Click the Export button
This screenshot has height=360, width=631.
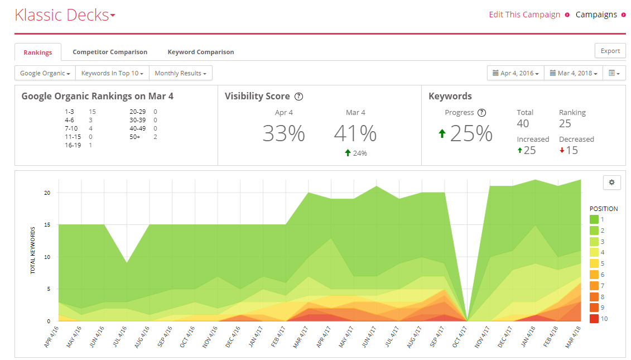tap(610, 51)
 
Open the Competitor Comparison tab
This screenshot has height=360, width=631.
tap(110, 52)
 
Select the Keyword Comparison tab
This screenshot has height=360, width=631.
tap(201, 52)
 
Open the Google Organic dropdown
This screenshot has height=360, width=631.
tap(45, 73)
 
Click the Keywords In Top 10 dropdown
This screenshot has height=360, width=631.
tap(112, 73)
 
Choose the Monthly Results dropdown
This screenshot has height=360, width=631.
tap(181, 73)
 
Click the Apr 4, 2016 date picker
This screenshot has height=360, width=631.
tap(516, 73)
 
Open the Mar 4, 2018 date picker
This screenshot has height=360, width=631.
tap(574, 73)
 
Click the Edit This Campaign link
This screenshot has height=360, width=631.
tap(524, 15)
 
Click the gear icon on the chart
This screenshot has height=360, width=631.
tap(611, 183)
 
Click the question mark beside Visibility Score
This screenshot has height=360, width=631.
tap(298, 97)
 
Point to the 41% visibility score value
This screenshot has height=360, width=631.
tap(355, 133)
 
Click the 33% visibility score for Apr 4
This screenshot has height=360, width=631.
tap(284, 133)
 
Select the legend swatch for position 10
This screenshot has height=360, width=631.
tap(594, 319)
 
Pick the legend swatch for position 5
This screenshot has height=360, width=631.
tap(594, 263)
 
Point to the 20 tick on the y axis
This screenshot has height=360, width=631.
tap(47, 193)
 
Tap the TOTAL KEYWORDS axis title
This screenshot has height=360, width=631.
tap(32, 251)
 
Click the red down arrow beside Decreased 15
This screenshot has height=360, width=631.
tap(562, 150)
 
